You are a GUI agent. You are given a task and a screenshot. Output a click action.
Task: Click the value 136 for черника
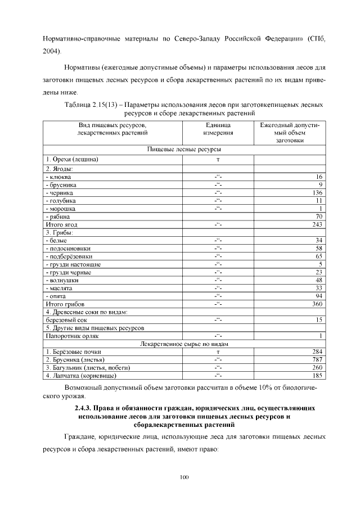click(317, 192)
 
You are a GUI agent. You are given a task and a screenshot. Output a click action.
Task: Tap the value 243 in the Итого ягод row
click(317, 224)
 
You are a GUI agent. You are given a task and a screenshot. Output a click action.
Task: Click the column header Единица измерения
click(218, 129)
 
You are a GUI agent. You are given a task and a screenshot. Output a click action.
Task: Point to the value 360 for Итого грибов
click(317, 304)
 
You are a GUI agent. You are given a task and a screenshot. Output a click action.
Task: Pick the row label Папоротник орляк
click(72, 336)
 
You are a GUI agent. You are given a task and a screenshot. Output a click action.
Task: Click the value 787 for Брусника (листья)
click(317, 359)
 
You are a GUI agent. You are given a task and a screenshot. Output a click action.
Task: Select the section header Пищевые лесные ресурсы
click(183, 150)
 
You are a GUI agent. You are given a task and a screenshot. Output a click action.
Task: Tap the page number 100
click(184, 478)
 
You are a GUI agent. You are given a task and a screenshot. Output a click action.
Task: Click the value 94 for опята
click(318, 296)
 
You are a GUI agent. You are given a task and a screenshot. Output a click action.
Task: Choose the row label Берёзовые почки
click(73, 352)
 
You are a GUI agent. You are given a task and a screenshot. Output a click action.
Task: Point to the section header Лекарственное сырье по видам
click(183, 344)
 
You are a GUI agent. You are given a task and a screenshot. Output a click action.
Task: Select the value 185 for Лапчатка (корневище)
click(317, 375)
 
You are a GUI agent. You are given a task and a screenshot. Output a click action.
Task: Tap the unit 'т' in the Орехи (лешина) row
click(218, 160)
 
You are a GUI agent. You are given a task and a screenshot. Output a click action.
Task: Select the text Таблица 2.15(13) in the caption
click(89, 104)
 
